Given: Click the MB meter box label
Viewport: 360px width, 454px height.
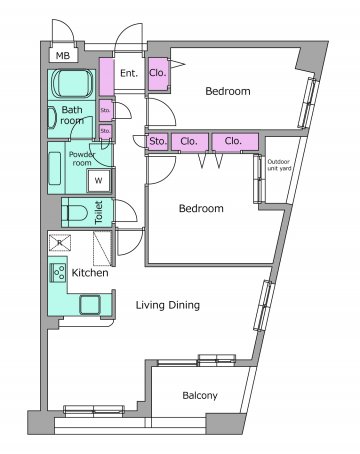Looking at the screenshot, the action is [x=63, y=55].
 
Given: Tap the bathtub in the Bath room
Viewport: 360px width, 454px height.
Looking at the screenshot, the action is [x=72, y=83].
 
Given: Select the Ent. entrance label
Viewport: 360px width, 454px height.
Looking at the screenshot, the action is [x=129, y=73].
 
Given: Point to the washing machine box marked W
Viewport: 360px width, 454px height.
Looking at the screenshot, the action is [x=98, y=180].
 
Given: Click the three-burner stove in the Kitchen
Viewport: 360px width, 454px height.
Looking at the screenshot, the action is [x=58, y=273].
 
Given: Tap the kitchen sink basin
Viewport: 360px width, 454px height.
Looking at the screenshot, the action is [x=90, y=305].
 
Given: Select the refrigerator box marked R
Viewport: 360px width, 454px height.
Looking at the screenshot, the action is [x=60, y=242].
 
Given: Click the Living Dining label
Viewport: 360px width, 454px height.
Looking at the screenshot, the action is [x=168, y=305].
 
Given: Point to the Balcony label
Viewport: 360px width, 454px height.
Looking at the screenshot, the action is [x=200, y=396].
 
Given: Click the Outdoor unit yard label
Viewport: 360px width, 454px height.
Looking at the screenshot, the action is [x=279, y=165].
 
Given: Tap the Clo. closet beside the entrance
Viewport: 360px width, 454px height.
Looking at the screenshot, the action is [x=158, y=74].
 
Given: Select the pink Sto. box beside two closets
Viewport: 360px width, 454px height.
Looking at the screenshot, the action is [x=157, y=141].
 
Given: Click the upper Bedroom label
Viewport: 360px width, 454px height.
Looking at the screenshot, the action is [x=228, y=91].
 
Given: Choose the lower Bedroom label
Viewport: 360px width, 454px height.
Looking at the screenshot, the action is [x=201, y=208].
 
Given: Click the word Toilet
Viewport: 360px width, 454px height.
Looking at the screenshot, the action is [x=99, y=212].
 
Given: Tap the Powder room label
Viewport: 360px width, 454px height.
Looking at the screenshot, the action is [x=82, y=159].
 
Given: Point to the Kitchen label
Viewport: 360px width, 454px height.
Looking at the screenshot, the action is [x=90, y=273].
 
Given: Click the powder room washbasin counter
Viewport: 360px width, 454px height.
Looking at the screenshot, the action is [x=55, y=168].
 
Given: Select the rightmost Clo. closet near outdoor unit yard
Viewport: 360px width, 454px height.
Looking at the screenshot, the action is [x=235, y=141].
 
